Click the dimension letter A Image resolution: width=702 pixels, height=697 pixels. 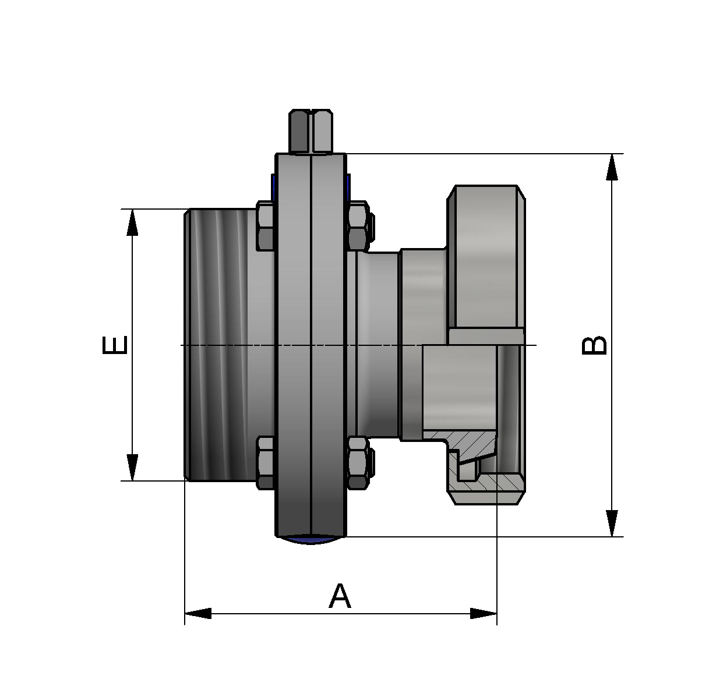click(340, 596)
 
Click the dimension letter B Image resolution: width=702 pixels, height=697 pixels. click(594, 345)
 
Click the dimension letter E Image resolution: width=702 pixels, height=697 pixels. click(114, 345)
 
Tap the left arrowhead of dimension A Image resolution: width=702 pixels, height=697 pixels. click(198, 613)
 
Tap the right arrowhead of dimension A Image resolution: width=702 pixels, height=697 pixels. click(484, 613)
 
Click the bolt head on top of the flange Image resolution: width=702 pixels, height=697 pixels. click(311, 131)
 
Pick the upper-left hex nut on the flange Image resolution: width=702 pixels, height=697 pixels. click(265, 227)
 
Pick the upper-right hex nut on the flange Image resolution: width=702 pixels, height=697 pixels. click(357, 227)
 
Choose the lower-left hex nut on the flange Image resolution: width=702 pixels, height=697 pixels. click(265, 463)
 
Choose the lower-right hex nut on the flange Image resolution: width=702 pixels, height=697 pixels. click(357, 463)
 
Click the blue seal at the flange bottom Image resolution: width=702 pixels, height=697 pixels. click(311, 540)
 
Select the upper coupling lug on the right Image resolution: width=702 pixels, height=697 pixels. click(485, 256)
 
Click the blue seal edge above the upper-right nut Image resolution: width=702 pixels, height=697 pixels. click(348, 186)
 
